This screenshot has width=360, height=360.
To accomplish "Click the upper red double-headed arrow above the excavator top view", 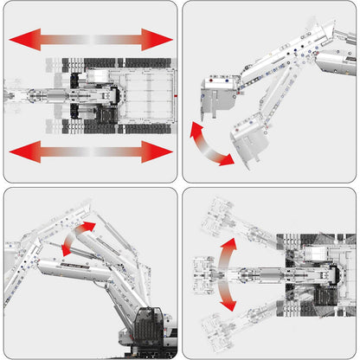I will coord(91,39).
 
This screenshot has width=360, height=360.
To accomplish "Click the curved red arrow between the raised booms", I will coord(76,238).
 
